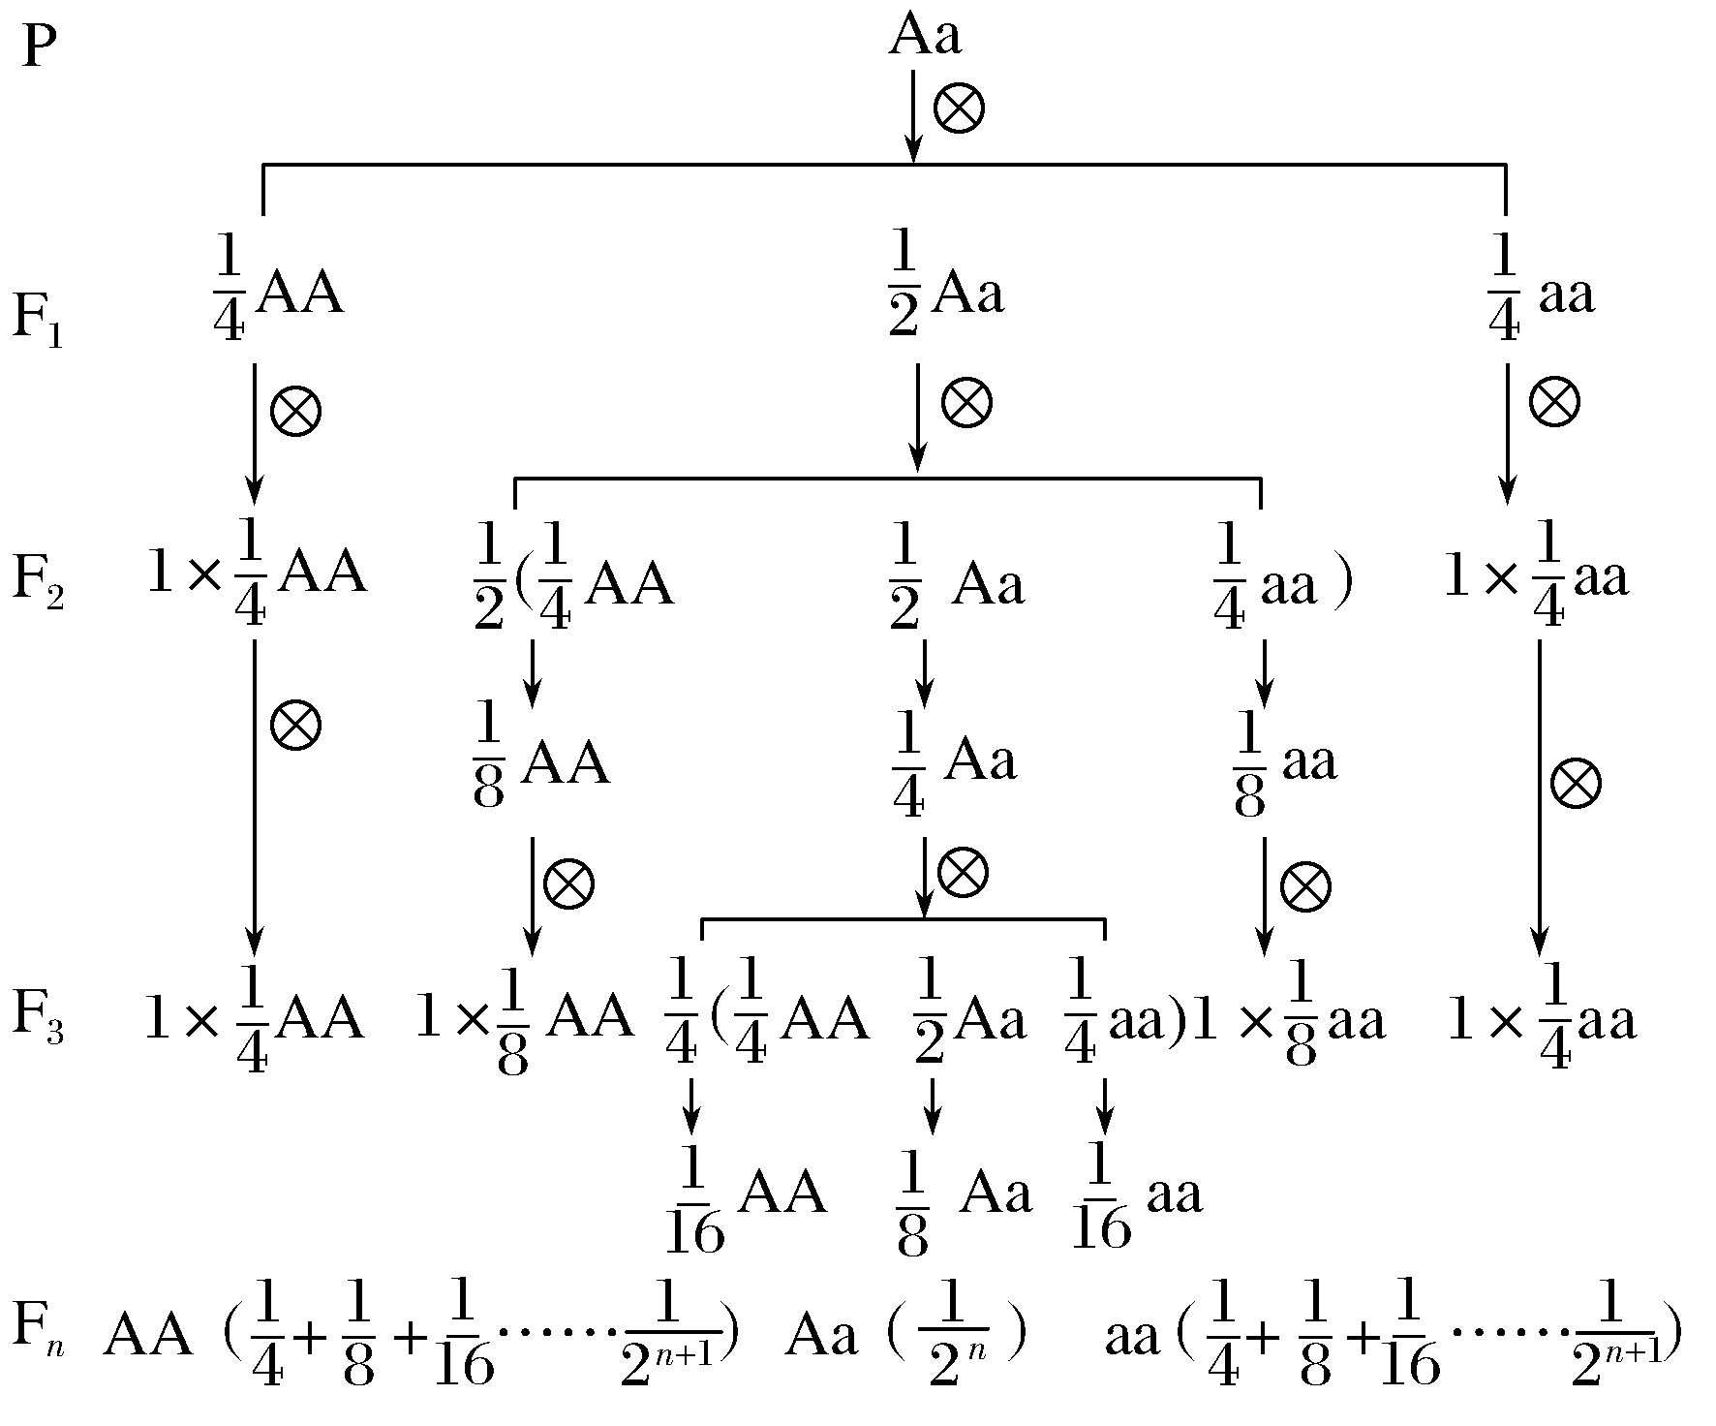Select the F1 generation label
[37, 319]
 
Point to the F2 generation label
[37, 581]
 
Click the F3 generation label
[37, 1017]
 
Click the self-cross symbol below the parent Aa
[959, 107]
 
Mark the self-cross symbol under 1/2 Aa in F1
[967, 402]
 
